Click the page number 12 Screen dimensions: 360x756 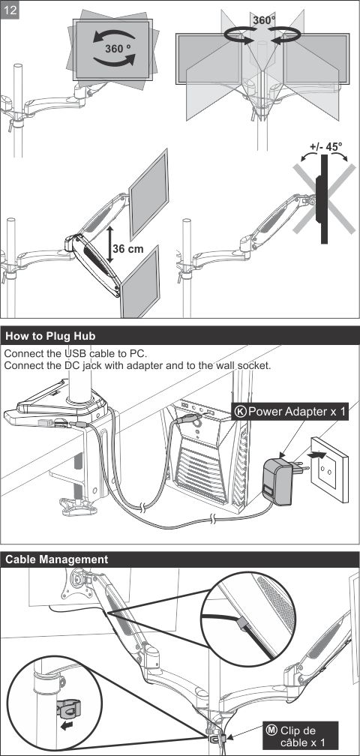coord(10,10)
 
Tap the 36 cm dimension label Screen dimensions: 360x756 coord(128,249)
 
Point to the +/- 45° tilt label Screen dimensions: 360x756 coord(325,147)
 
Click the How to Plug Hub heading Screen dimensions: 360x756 coord(50,335)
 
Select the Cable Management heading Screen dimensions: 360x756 coord(57,559)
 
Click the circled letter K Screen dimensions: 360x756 coord(241,411)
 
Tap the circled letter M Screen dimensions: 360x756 coord(271,730)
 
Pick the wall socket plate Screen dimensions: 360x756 coord(329,469)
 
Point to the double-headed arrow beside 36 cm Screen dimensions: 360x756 coord(110,244)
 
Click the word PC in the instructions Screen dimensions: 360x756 coord(137,354)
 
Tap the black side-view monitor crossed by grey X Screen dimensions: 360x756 coord(322,199)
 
